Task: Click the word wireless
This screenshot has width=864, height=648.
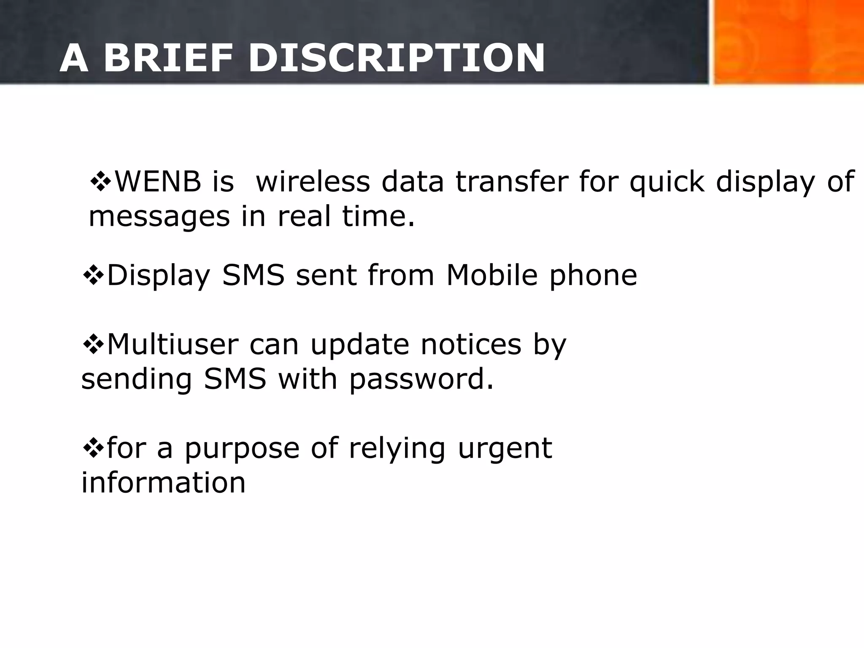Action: click(313, 182)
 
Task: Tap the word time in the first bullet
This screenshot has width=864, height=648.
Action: click(378, 216)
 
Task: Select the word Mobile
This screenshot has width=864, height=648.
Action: click(492, 275)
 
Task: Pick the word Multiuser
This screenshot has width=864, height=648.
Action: click(173, 345)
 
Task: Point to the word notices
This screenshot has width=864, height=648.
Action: click(471, 345)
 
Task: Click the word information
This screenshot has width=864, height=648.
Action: click(163, 483)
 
